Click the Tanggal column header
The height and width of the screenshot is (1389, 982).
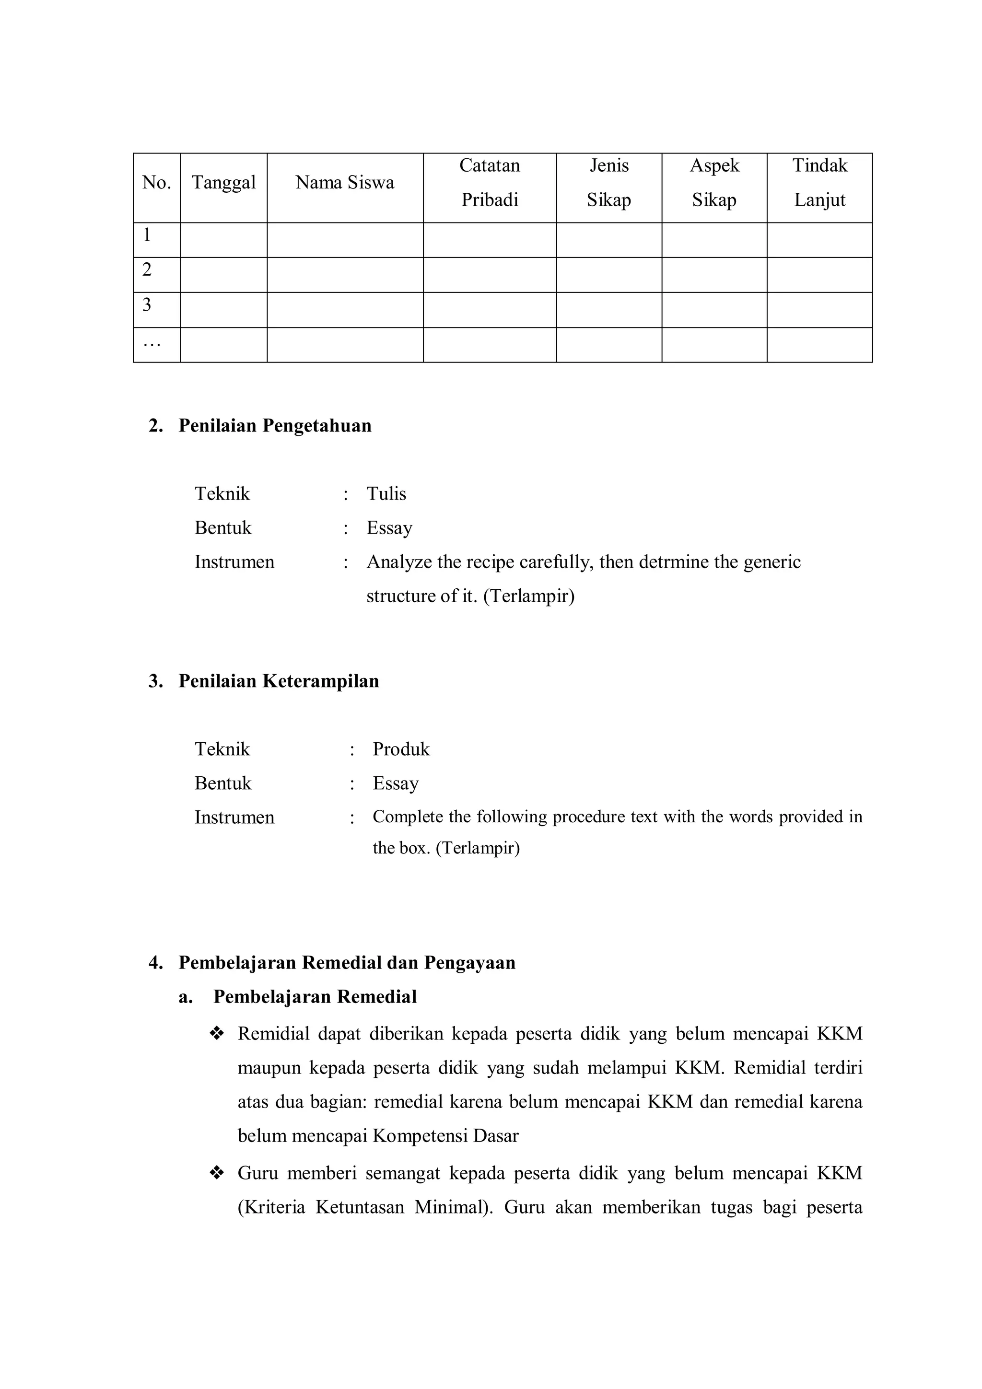click(x=223, y=183)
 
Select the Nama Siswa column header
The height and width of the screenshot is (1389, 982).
click(x=344, y=183)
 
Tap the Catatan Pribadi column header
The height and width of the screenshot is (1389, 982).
click(x=490, y=183)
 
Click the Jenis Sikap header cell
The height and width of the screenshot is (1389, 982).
click(x=608, y=183)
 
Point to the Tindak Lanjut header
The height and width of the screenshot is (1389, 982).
click(x=819, y=183)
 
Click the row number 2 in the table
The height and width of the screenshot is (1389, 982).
click(x=147, y=270)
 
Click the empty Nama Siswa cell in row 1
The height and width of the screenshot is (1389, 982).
click(x=344, y=240)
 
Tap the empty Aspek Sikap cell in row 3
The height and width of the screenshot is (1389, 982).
click(x=714, y=310)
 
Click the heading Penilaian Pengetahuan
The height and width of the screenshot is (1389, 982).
click(x=275, y=426)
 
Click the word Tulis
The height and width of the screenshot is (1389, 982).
click(x=386, y=494)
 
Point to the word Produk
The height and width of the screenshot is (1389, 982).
click(x=400, y=749)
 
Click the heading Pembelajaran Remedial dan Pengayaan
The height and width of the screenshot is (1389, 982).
click(x=347, y=962)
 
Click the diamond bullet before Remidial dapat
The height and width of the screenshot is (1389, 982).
click(x=217, y=1033)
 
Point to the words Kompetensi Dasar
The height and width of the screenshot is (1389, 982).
click(x=445, y=1135)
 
